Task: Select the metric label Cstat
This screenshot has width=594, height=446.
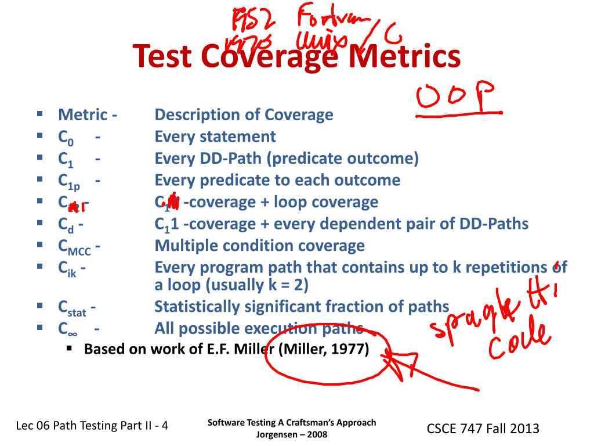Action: (x=73, y=308)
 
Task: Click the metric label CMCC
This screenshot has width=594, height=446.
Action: (x=76, y=247)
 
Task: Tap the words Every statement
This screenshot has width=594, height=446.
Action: (x=215, y=137)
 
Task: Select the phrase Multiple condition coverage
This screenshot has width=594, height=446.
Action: (x=260, y=246)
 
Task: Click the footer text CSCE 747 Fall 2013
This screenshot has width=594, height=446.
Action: (x=483, y=429)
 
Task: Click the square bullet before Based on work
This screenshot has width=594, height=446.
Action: (x=69, y=349)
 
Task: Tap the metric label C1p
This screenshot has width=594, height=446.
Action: (x=69, y=182)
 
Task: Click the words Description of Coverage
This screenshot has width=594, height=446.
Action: (x=244, y=115)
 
